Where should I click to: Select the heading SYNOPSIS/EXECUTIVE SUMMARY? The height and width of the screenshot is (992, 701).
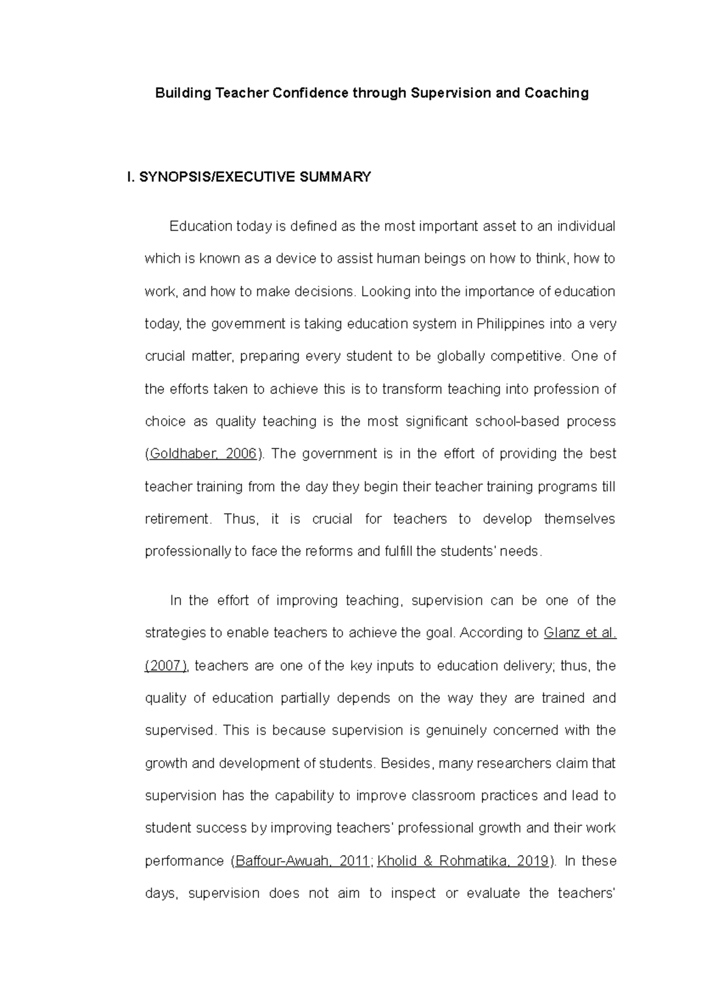(255, 177)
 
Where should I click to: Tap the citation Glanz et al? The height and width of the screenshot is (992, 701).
(579, 633)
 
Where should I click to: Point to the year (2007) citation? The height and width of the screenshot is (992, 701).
(166, 665)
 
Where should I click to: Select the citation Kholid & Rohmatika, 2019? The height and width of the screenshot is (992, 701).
(463, 861)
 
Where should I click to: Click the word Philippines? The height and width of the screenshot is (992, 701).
(509, 324)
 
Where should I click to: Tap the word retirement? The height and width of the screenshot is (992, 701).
(176, 519)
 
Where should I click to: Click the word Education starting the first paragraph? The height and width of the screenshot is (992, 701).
(201, 226)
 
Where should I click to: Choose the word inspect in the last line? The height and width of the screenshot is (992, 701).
(413, 893)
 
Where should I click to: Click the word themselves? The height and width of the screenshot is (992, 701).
(579, 519)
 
